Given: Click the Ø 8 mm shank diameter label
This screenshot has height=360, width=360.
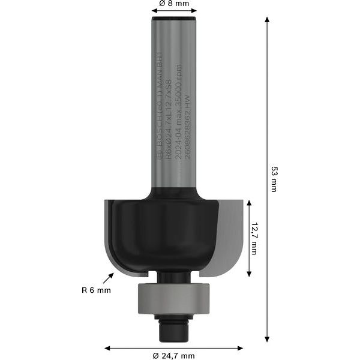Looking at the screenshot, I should click(174, 4).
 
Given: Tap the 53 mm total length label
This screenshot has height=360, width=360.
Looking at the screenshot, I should click(273, 179).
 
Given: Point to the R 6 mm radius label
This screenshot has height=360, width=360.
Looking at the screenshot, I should click(96, 290).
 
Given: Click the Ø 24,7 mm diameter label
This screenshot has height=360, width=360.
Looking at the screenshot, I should click(173, 356).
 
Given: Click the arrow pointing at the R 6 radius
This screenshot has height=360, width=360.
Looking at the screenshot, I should click(109, 278).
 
